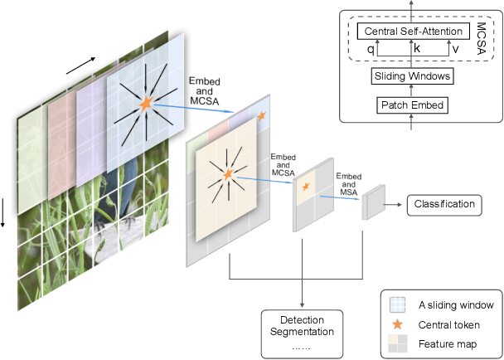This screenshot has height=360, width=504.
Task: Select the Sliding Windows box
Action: tap(412, 76)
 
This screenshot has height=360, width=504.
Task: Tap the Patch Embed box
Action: tap(412, 105)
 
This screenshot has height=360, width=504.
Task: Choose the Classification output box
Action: tap(443, 204)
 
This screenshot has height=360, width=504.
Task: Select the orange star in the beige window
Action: tap(228, 174)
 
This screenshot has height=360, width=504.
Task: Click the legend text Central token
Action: tap(447, 324)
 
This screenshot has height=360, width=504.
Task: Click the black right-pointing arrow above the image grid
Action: tap(80, 66)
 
